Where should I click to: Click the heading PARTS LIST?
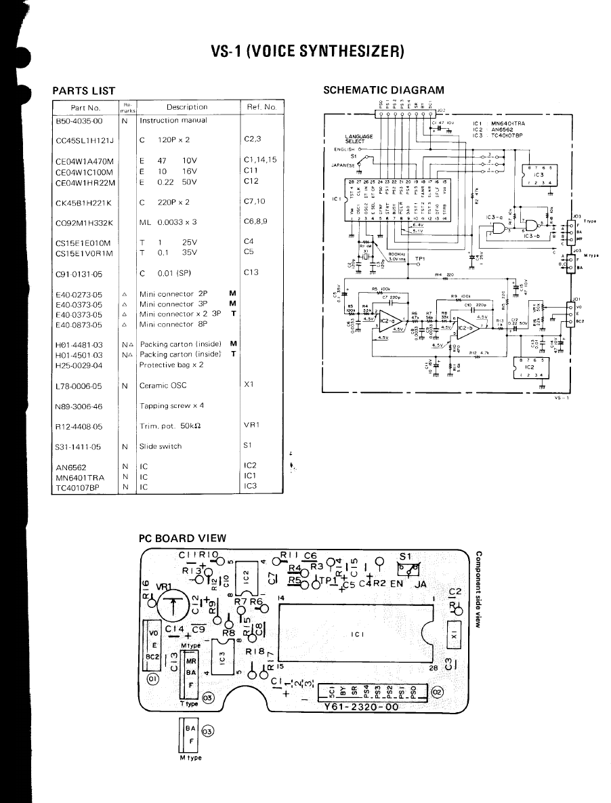click(83, 91)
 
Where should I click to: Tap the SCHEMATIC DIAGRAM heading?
click(383, 89)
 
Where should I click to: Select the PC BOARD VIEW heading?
click(182, 538)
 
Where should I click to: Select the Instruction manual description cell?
click(169, 121)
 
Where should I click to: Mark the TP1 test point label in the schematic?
click(420, 258)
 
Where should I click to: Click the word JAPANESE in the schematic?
click(343, 164)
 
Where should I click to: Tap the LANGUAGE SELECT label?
click(358, 138)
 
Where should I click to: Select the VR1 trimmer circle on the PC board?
click(174, 606)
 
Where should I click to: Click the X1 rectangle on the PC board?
click(455, 634)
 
